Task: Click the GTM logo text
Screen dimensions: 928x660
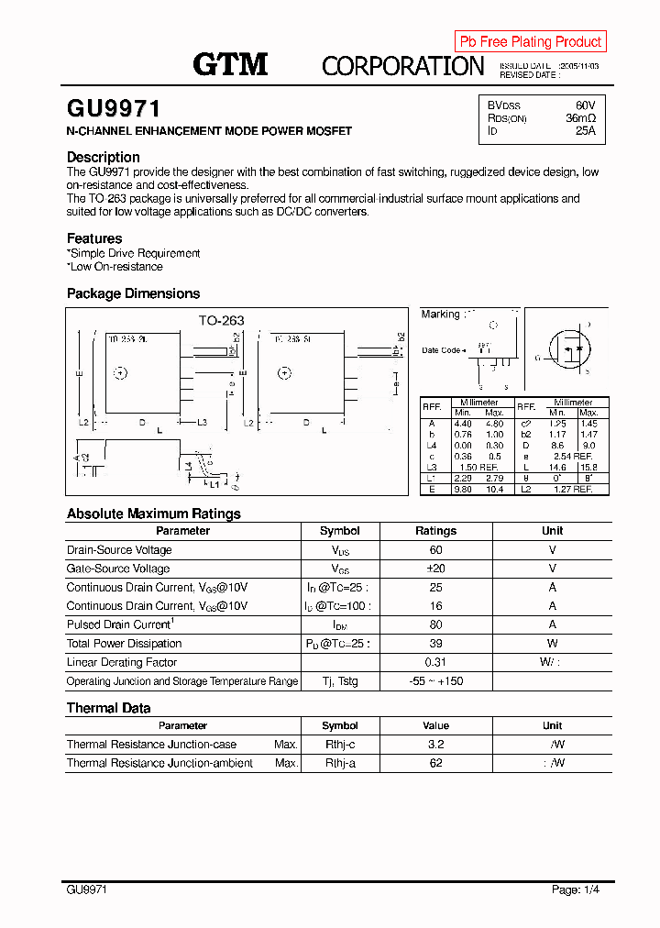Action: click(230, 64)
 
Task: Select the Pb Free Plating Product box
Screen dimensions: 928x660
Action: click(530, 42)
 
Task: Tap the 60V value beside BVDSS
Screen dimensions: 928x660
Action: click(585, 105)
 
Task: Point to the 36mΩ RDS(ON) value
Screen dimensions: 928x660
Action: click(580, 118)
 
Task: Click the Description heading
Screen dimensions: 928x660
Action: click(104, 157)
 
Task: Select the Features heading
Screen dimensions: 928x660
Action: click(94, 238)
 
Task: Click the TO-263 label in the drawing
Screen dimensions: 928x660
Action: click(222, 321)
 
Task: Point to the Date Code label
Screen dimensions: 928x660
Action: click(443, 350)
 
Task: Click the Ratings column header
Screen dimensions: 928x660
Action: click(435, 531)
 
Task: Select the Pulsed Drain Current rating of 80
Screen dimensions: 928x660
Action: click(435, 624)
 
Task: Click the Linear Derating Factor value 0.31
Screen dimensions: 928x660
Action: click(435, 662)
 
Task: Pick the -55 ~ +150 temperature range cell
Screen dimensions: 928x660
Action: click(435, 681)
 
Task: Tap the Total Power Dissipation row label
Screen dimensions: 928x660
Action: click(118, 644)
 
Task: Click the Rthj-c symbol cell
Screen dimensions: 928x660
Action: click(340, 745)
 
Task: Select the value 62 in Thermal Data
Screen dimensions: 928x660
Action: click(435, 763)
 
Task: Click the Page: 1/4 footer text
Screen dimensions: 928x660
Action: click(577, 889)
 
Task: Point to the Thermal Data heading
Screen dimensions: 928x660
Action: click(108, 708)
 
